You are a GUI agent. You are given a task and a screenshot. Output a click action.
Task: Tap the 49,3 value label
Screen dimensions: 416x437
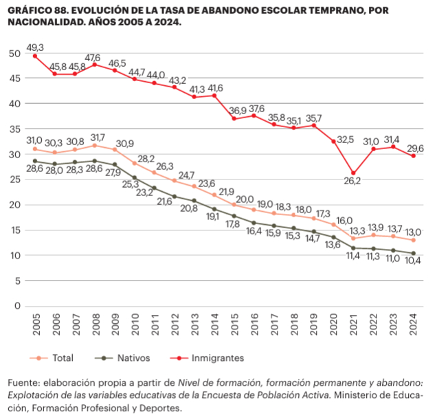[34, 47]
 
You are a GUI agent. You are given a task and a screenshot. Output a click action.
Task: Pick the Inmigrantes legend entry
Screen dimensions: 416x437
[212, 358]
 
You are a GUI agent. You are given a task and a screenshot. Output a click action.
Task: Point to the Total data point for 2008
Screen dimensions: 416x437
[94, 146]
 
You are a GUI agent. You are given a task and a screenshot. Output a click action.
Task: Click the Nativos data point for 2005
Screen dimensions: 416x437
[34, 161]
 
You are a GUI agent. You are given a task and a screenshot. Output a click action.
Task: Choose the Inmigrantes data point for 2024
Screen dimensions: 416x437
[413, 156]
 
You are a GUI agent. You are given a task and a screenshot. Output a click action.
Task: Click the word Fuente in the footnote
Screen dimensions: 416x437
[23, 382]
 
